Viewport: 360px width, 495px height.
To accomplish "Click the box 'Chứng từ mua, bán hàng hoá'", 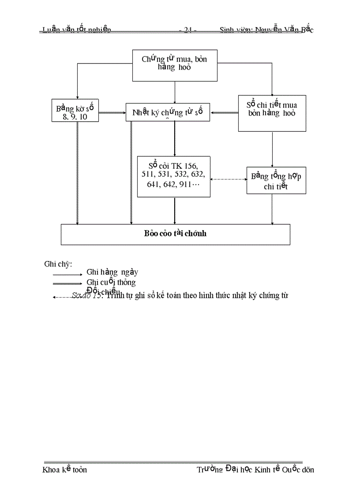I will tap(175, 65).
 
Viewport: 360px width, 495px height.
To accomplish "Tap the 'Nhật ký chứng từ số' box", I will tap(168, 112).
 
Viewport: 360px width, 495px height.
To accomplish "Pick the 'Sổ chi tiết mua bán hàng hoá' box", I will tap(272, 113).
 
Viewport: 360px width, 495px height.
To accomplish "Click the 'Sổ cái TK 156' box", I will tap(173, 176).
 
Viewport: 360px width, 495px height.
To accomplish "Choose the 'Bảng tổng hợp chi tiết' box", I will tap(276, 180).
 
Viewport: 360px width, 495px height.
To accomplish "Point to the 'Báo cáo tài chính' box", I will tap(175, 234).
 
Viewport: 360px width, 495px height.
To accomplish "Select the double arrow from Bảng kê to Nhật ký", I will tap(112, 113).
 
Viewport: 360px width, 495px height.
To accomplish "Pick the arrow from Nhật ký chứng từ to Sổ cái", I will tap(175, 138).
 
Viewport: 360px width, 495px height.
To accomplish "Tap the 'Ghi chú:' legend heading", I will tap(58, 264).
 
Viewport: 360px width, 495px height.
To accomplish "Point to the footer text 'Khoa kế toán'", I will tap(64, 469).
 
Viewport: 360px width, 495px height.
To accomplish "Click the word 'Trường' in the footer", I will tap(210, 469).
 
